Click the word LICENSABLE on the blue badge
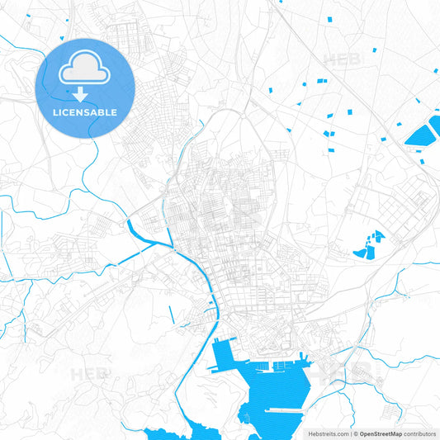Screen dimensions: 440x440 click(86, 112)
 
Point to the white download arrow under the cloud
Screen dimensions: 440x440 click(86, 93)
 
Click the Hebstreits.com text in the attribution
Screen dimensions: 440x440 click(327, 433)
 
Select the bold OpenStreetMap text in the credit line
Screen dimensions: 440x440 click(380, 433)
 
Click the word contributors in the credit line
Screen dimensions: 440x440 click(419, 433)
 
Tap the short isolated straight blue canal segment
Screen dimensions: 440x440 click(171, 314)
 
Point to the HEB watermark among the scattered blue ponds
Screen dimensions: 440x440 click(341, 59)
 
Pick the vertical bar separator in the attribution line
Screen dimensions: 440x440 click(350, 433)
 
